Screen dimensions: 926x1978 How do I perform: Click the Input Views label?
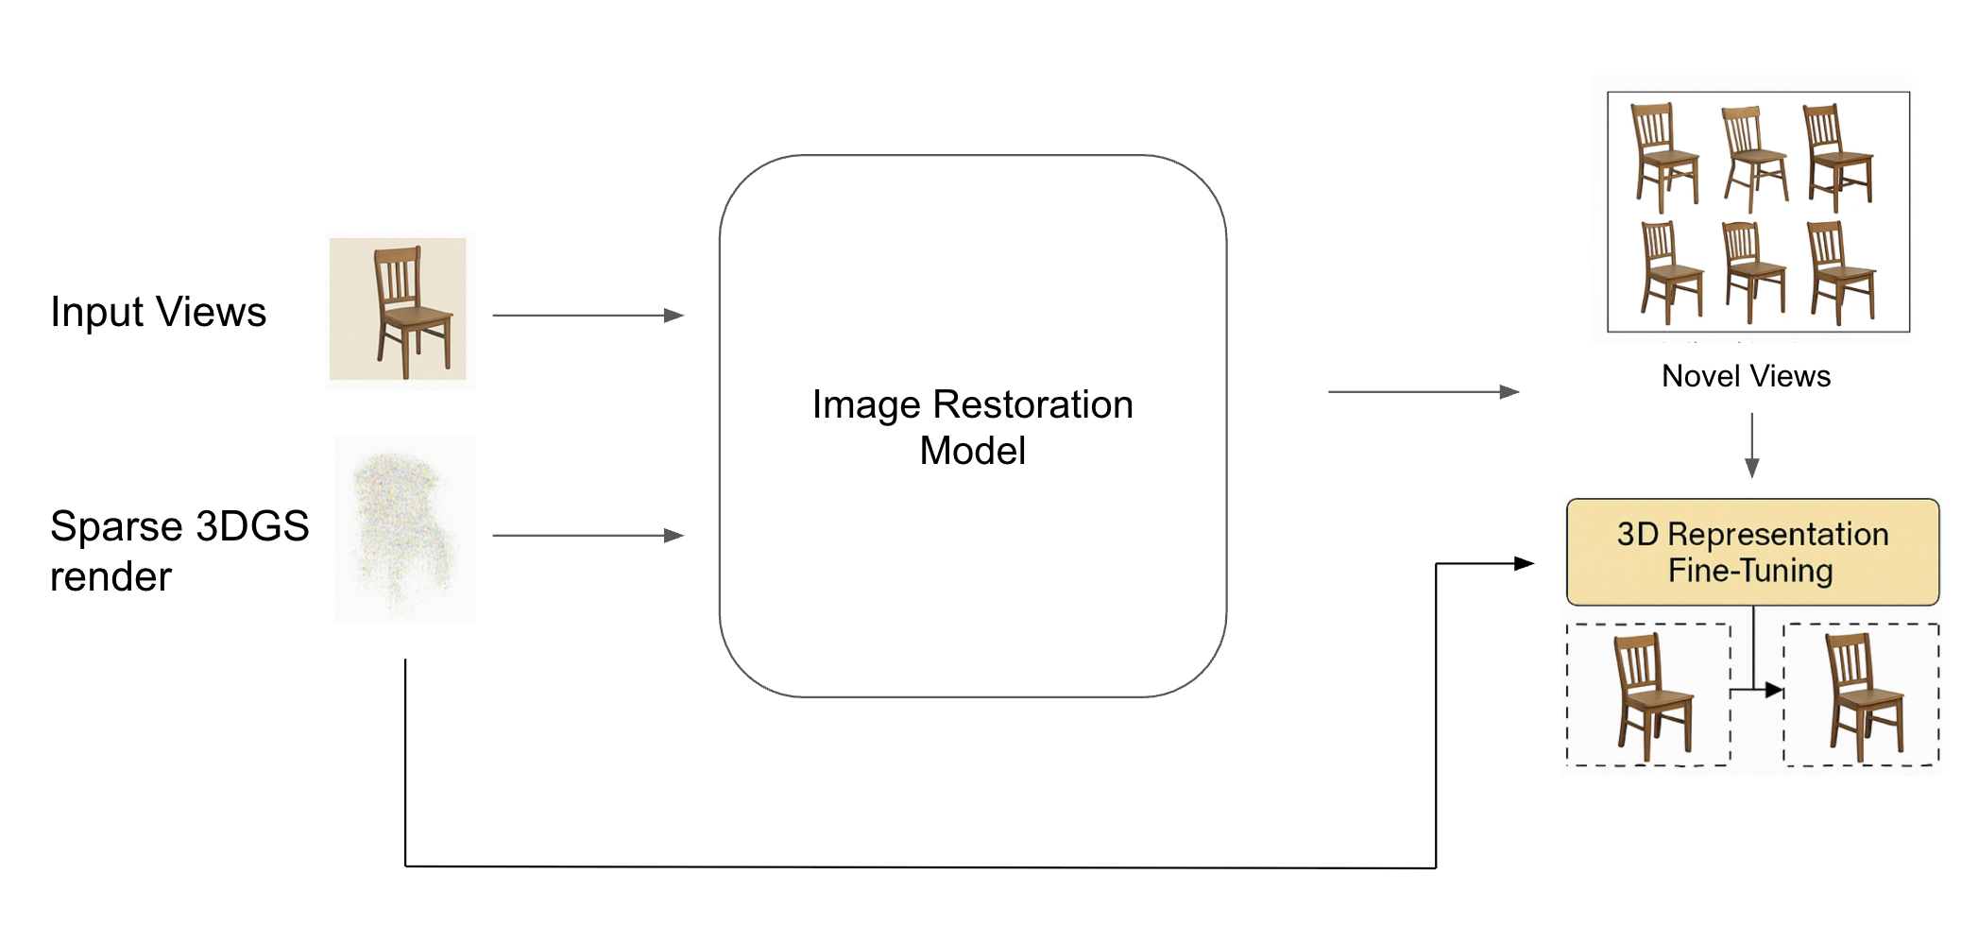(158, 313)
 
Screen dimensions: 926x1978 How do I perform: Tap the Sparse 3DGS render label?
(179, 550)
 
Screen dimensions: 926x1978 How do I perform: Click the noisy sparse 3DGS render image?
(404, 529)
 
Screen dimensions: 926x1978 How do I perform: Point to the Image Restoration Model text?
(972, 427)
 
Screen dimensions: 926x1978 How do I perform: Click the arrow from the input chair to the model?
(588, 316)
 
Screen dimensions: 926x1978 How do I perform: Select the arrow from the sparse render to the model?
(588, 536)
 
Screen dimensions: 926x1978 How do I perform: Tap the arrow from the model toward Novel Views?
(1423, 391)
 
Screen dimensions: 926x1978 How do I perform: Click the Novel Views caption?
(1746, 376)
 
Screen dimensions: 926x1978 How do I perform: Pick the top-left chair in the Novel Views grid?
(1664, 158)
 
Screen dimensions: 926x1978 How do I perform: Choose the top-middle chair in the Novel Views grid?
(1754, 159)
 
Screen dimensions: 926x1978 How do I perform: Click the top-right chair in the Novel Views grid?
(1837, 158)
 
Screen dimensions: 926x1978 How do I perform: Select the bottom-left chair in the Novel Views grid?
(1670, 273)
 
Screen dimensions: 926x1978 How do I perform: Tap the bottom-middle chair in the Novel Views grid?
(1753, 273)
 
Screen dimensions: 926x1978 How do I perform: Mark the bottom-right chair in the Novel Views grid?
(1840, 273)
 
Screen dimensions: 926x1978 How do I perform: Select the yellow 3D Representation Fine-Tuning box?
(1752, 552)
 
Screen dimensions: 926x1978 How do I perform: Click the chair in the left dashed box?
(1652, 696)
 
